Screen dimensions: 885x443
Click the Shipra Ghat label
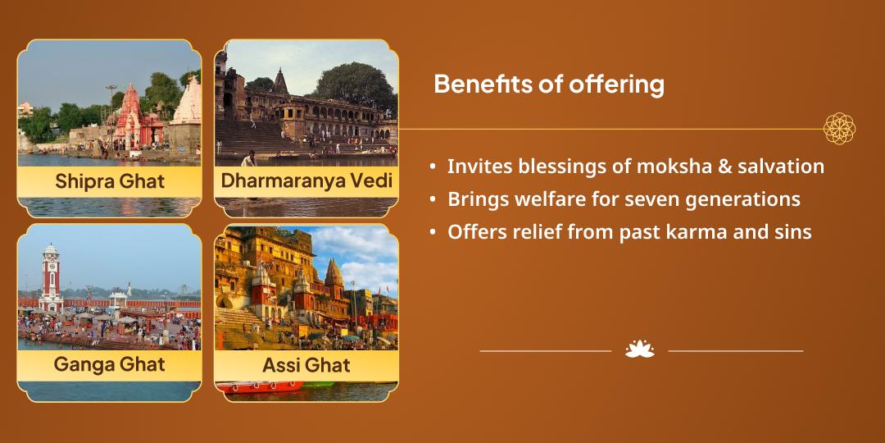pos(110,181)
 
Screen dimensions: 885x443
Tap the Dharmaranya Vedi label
pos(306,180)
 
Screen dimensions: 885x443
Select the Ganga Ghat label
pos(110,364)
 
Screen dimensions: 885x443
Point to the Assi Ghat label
pos(306,365)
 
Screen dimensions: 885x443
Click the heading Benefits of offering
pos(548,84)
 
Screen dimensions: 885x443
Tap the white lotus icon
pos(639,349)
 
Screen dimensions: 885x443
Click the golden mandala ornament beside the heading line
pos(839,128)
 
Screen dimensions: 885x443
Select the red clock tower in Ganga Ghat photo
pos(51,278)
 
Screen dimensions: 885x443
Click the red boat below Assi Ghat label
pos(260,387)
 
